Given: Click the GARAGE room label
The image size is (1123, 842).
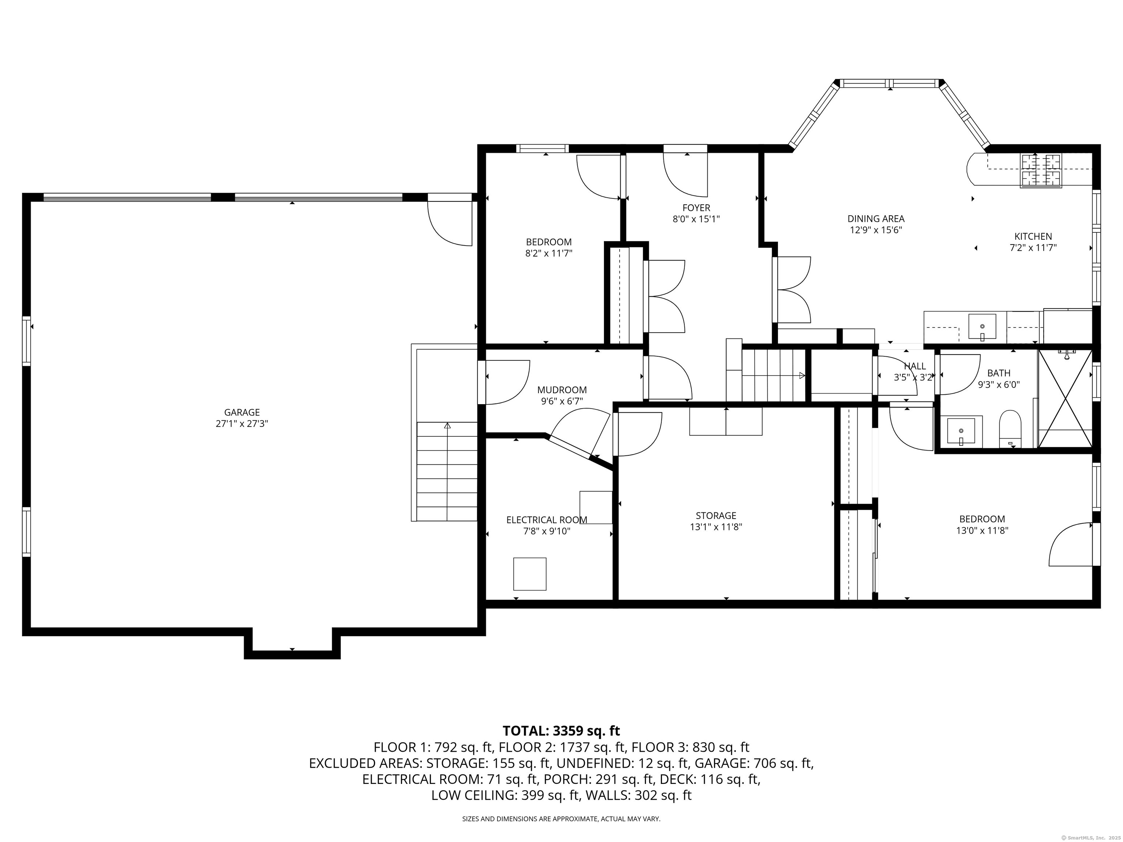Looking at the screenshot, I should (242, 413).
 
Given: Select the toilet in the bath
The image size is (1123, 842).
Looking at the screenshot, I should (1010, 429).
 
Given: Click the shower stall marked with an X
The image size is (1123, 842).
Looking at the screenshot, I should (1065, 399).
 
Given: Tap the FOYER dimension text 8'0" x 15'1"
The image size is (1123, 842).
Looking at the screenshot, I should (696, 219).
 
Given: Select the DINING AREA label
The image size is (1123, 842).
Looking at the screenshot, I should (876, 219).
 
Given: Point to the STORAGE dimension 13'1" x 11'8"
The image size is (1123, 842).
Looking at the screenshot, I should (716, 527).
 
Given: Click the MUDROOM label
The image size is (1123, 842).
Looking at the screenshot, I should (561, 390).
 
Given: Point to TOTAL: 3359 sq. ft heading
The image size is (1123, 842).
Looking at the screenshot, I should (561, 731).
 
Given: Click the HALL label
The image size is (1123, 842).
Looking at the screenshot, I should (915, 366).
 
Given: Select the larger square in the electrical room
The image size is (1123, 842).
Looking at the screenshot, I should (530, 574).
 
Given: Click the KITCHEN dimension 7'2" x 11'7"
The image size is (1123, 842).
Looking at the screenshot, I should (1033, 248).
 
